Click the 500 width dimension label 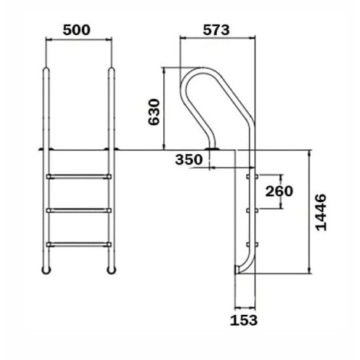77,30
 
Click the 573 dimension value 216,30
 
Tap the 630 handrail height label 154,112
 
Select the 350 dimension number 189,160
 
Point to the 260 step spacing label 279,191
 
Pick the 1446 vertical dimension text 321,212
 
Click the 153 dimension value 244,320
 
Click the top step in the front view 79,176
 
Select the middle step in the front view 79,211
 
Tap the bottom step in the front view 79,244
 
